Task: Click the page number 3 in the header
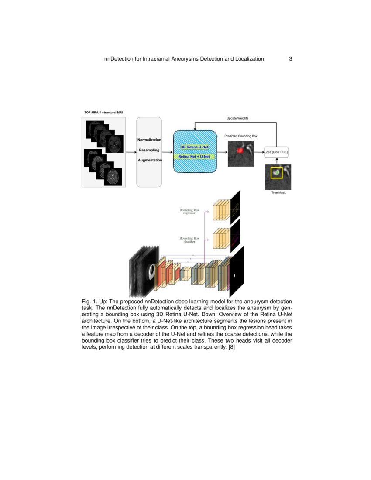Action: tap(290, 59)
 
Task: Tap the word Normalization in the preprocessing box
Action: tap(149, 140)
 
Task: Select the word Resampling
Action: tap(149, 150)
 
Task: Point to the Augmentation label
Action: tap(150, 160)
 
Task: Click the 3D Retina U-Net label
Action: tap(195, 147)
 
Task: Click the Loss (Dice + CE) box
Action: tap(277, 152)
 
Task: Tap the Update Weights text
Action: tap(237, 118)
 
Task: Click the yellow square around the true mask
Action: tap(276, 173)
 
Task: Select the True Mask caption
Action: tap(278, 192)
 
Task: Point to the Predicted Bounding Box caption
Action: tap(241, 136)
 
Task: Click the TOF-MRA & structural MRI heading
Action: tap(103, 113)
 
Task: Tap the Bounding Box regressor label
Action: tap(189, 212)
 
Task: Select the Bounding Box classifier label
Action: tap(189, 240)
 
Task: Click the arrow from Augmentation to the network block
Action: tap(168, 152)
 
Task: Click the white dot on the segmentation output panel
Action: tap(234, 276)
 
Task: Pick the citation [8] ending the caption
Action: tap(232, 347)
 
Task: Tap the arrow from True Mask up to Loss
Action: tap(277, 161)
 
